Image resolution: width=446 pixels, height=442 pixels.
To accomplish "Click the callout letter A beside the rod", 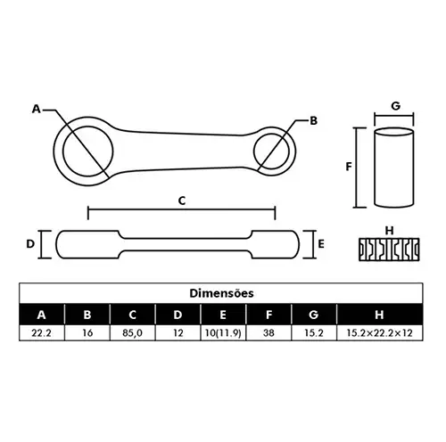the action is [x=37, y=109].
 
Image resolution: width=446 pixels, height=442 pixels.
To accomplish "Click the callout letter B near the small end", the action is [x=313, y=121].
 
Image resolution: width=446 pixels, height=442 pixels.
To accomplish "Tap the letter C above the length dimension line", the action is [x=182, y=201].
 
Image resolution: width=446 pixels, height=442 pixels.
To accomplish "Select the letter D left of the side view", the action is [x=30, y=244].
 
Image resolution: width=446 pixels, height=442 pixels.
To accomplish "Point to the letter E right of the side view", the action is [x=321, y=244].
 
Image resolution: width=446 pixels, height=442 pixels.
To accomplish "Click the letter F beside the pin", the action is [x=349, y=167].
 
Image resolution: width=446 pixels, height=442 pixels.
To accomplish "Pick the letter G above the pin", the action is [x=396, y=106].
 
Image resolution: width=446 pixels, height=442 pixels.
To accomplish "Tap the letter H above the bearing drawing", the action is [x=389, y=231].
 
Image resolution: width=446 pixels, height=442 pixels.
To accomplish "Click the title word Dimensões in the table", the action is [x=221, y=293].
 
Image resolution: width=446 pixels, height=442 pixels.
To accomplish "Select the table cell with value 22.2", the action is [x=42, y=332].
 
